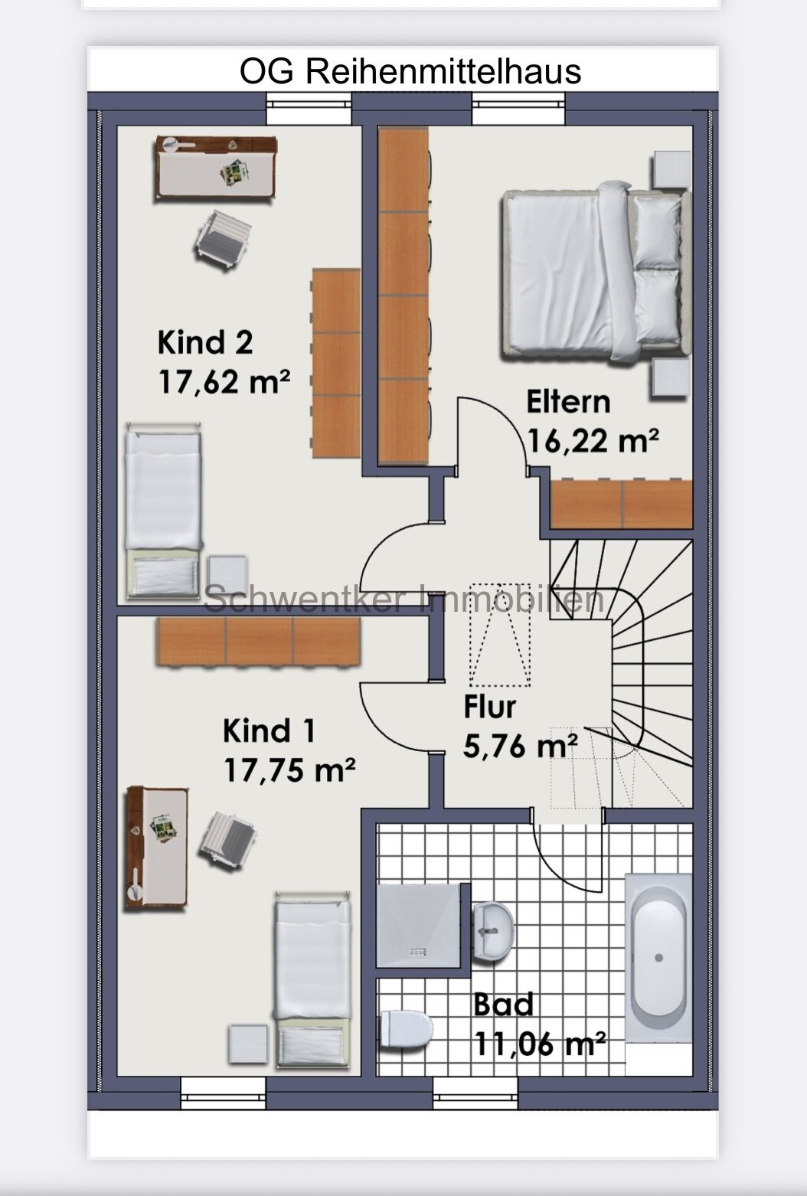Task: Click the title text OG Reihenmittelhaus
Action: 410,71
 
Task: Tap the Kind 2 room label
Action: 205,342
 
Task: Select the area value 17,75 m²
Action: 289,770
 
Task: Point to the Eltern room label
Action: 568,401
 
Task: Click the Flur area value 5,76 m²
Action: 520,746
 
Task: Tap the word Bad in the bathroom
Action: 503,1005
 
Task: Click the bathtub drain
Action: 658,958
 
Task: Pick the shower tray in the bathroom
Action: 419,926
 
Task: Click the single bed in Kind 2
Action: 163,511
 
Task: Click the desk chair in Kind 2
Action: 223,239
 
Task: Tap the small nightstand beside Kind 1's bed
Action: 248,1044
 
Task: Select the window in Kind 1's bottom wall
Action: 223,1094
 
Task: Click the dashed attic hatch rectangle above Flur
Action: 500,635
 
